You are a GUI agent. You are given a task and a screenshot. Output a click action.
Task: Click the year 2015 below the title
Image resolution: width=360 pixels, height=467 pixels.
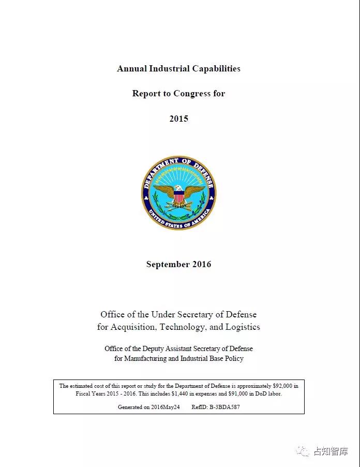click(x=178, y=119)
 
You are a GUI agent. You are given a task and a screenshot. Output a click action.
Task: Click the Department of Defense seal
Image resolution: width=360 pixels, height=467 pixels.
click(x=179, y=193)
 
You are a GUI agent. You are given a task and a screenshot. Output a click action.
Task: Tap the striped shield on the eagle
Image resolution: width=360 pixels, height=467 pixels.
click(x=179, y=198)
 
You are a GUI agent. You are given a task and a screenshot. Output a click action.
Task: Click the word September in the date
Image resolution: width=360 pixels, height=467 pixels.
click(x=168, y=264)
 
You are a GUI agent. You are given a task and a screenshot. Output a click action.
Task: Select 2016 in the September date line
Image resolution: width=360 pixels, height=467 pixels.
click(x=202, y=264)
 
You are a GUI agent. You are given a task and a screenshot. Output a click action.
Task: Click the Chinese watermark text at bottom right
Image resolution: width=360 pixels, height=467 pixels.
click(x=331, y=451)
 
